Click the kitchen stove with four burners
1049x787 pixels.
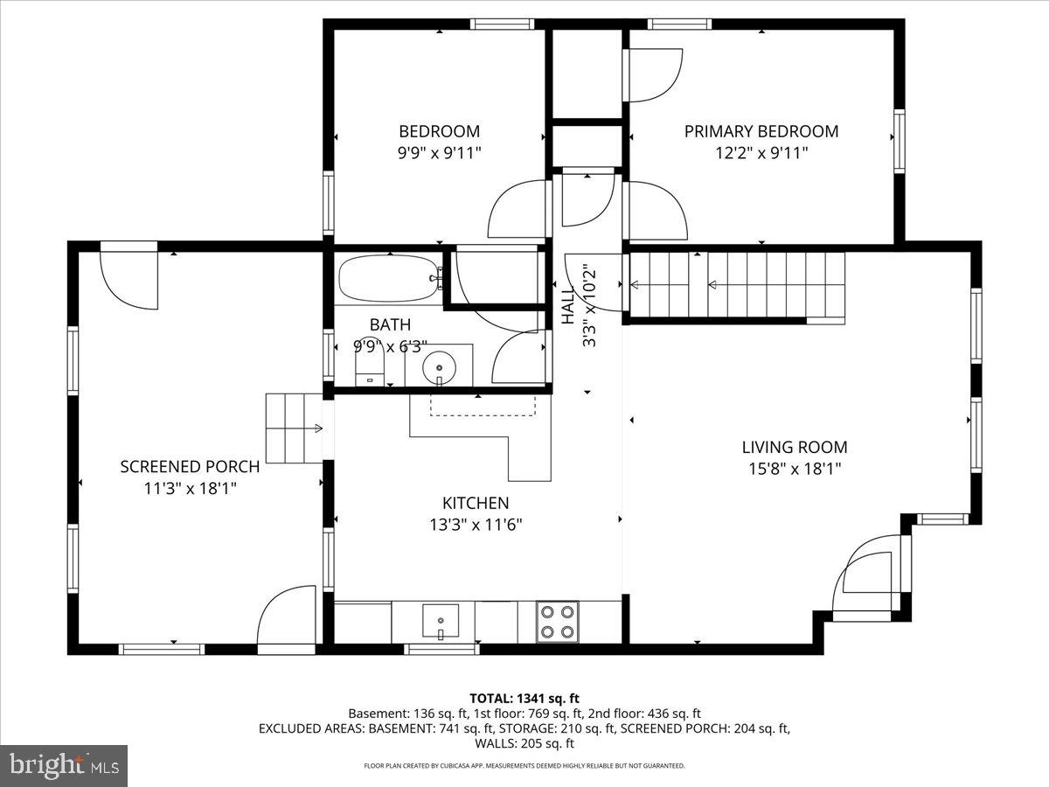coord(557,622)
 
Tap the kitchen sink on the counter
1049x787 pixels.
coord(440,622)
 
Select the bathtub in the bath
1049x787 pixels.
coord(388,278)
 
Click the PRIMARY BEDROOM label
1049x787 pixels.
coord(761,131)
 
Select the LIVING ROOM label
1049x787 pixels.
coord(794,447)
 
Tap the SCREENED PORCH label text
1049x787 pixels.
coord(190,466)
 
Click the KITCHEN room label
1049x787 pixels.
coord(476,503)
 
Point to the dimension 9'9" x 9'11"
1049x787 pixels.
coord(440,153)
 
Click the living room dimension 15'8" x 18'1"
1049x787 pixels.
coord(794,469)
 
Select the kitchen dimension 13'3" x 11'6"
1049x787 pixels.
coord(476,525)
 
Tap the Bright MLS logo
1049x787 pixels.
coord(64,765)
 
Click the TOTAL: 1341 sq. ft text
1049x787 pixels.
coord(524,698)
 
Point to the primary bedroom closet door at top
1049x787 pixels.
coord(654,75)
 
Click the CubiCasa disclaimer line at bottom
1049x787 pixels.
coord(524,766)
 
